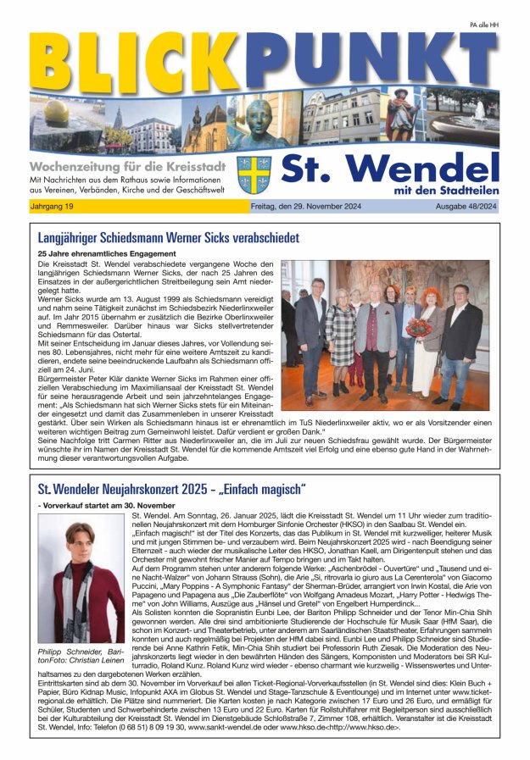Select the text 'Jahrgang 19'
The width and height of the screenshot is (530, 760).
(53, 206)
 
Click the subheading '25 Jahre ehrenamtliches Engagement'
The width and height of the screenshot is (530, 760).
(107, 253)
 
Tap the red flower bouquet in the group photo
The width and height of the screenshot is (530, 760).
(418, 327)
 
